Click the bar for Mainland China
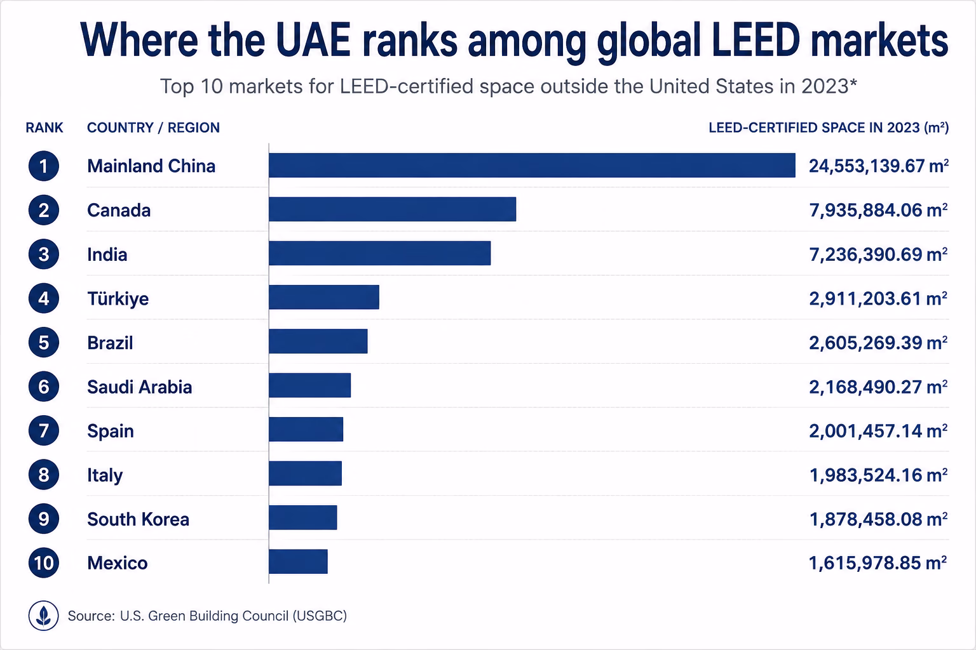click(x=532, y=166)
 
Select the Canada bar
click(x=393, y=209)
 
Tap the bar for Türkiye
click(x=324, y=297)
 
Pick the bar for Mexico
click(x=298, y=562)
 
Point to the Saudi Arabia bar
click(x=310, y=385)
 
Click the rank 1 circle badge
click(x=44, y=166)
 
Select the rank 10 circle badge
click(x=44, y=563)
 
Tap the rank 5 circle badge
click(x=44, y=342)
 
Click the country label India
click(x=107, y=255)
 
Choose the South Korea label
click(x=138, y=519)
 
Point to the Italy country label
click(x=105, y=475)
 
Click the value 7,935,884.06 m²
click(x=878, y=210)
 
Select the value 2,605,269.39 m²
click(x=878, y=343)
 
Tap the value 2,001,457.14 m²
click(x=878, y=431)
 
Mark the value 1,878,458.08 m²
click(x=878, y=519)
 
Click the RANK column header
click(x=44, y=128)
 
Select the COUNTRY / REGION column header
click(x=153, y=128)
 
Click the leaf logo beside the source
click(x=44, y=616)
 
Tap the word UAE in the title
click(x=313, y=39)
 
